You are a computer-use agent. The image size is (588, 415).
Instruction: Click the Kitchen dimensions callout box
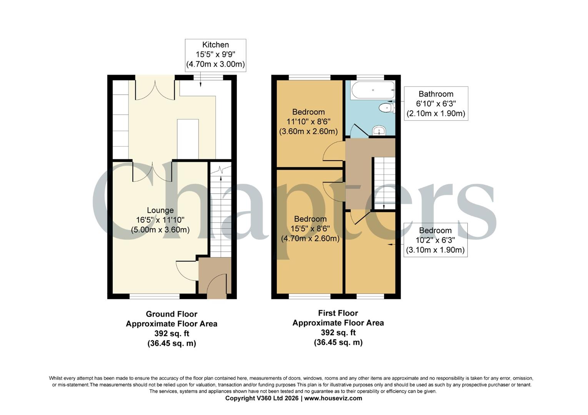coord(215,55)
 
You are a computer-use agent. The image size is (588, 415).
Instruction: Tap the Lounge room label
coord(160,211)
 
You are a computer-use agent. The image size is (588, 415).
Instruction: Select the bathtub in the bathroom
coord(373,90)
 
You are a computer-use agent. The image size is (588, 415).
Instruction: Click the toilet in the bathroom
coord(386,108)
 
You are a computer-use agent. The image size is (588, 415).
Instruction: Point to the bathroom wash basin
coord(379,131)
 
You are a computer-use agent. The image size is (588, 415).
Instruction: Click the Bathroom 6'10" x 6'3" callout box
coord(436,104)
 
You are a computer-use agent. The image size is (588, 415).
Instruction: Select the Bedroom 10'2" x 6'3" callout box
coord(435,240)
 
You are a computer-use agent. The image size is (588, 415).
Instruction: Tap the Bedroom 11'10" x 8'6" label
coord(308,121)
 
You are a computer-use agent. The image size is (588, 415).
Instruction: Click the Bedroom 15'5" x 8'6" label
coord(310,229)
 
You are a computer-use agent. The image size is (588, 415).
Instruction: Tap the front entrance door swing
coord(217,284)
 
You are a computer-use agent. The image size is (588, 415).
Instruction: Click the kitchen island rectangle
coord(188,139)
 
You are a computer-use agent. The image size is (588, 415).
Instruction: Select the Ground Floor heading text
coord(172,314)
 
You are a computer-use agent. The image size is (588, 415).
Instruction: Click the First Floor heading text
coord(338,313)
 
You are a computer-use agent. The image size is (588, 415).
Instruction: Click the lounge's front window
coord(155,296)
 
